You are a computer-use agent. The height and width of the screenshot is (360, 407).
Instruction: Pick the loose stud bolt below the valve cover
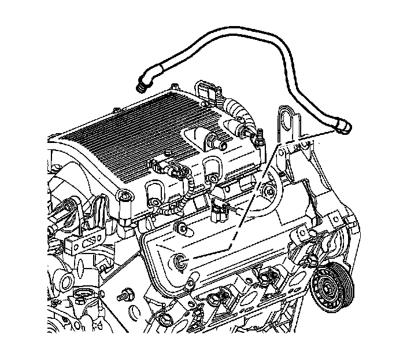(123, 296)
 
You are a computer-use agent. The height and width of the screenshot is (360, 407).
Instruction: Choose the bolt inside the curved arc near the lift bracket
(267, 192)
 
